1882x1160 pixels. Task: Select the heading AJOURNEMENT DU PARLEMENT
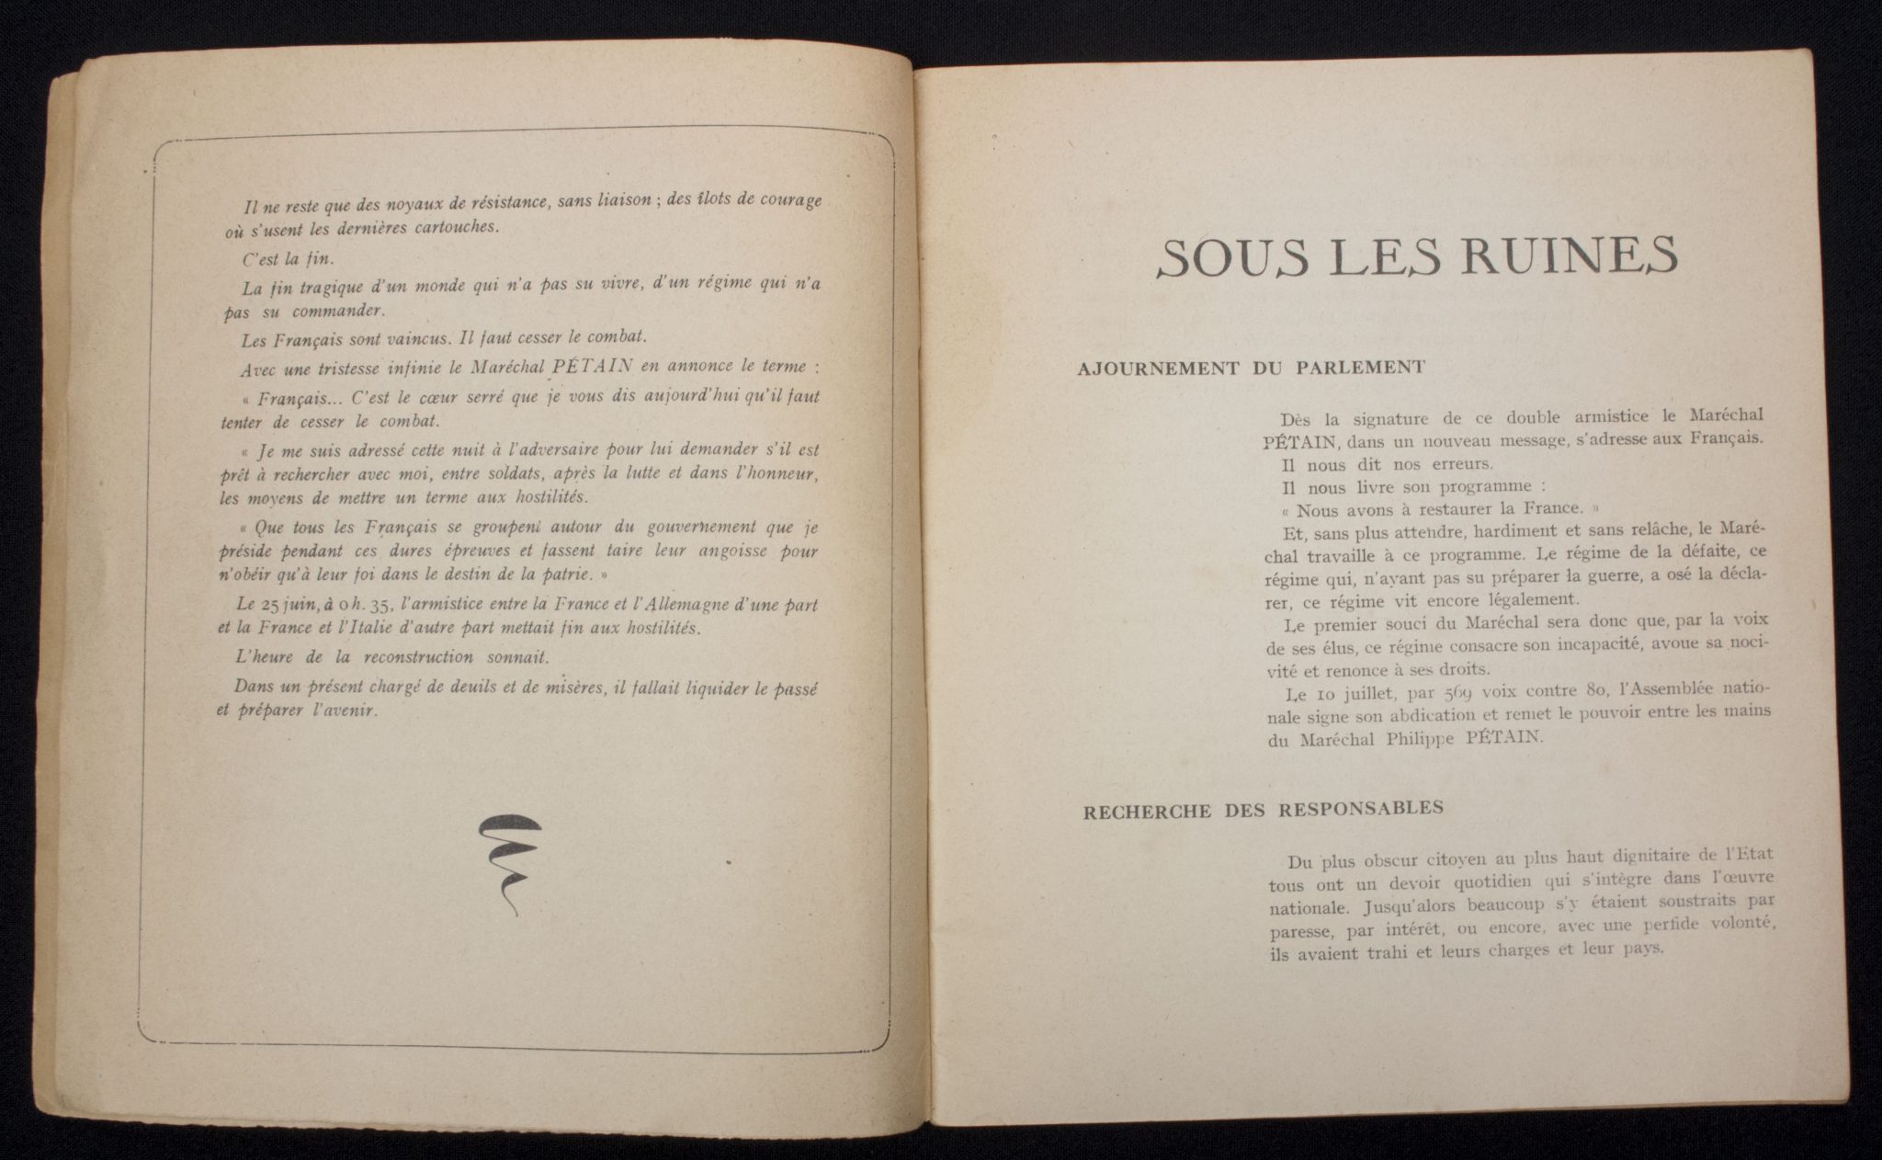1250,368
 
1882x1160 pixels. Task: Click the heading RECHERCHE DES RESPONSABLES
1263,810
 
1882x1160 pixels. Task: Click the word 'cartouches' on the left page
452,227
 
